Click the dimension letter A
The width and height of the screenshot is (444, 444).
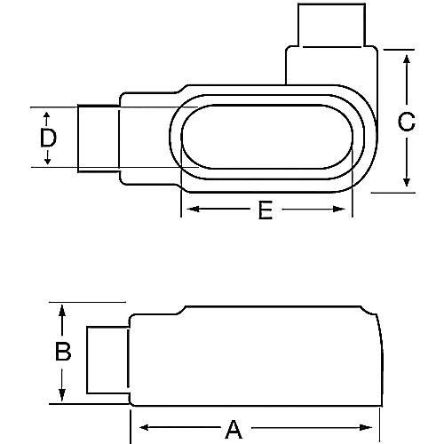pos(234,430)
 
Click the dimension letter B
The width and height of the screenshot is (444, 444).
pos(63,353)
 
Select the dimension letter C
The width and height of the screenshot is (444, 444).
pos(406,123)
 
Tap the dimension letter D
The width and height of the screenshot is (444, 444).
pos(48,138)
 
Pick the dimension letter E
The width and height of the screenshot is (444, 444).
pos(265,210)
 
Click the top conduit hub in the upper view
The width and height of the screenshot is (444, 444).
pos(330,25)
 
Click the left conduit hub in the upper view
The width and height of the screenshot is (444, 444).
pos(99,138)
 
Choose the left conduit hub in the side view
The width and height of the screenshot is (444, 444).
pos(107,359)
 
